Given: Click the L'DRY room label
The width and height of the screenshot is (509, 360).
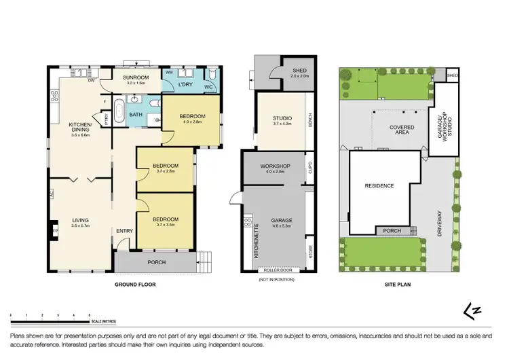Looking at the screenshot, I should coord(185,84).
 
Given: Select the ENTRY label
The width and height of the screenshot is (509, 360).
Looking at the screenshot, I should coord(124,230).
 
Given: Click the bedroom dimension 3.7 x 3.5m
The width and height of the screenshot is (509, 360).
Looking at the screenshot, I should coord(165,226).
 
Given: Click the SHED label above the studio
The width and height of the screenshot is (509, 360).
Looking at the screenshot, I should coord(300,70).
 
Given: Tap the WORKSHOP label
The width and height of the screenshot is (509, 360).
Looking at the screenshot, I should coord(276,166).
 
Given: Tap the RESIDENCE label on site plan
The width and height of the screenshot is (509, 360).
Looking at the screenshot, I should coord(379,185).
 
